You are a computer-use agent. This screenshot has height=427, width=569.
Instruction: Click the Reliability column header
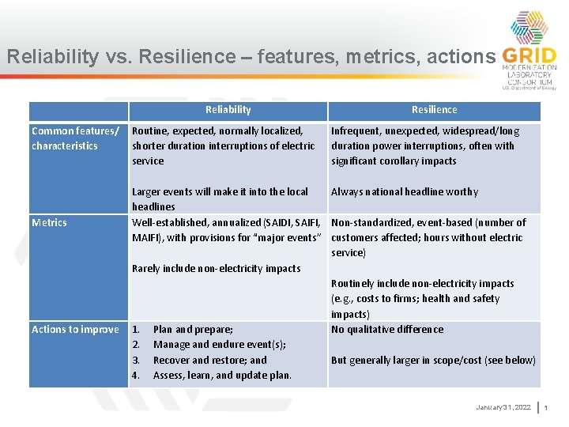(x=228, y=110)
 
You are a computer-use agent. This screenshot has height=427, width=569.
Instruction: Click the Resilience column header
(x=434, y=110)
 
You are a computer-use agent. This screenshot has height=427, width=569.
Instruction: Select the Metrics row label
(x=49, y=222)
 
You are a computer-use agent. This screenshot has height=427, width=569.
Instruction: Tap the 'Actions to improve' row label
(x=75, y=330)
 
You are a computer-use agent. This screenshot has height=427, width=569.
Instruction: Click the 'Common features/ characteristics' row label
(x=75, y=138)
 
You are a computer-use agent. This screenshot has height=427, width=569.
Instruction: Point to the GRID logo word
(x=529, y=57)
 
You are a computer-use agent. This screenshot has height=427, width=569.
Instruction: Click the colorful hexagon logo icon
(x=529, y=28)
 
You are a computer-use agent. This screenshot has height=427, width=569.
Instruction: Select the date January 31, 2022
(x=503, y=407)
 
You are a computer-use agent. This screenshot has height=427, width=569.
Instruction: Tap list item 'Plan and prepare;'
(x=194, y=330)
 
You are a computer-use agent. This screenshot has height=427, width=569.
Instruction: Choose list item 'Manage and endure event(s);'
(x=219, y=345)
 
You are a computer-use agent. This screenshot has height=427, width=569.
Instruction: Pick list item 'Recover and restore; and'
(x=209, y=360)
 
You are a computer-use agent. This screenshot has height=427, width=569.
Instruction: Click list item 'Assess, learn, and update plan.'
(x=222, y=375)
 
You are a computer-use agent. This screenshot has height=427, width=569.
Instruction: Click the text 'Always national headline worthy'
(x=405, y=191)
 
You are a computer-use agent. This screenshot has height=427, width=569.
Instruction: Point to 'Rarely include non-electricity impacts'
(x=216, y=268)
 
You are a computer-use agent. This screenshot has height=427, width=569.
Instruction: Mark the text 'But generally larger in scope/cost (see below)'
(x=433, y=360)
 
